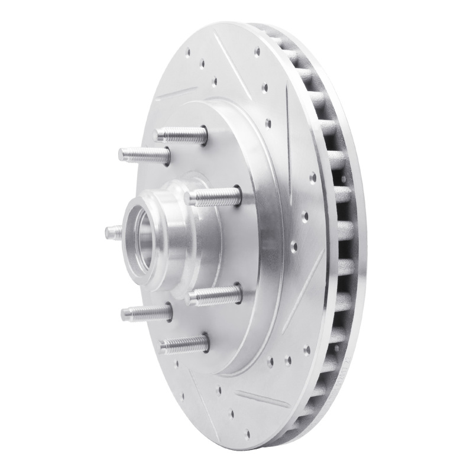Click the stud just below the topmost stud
click(144, 155)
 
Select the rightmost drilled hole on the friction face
click(313, 177)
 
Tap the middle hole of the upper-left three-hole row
click(202, 63)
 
